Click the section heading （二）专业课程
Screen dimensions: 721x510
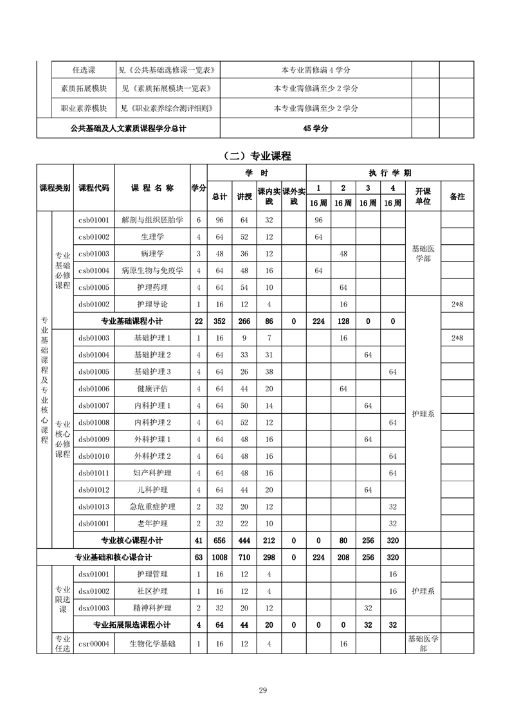point(255,156)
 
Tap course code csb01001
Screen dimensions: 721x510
point(94,220)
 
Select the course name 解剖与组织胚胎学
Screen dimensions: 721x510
point(152,220)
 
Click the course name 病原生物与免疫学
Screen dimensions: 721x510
point(152,270)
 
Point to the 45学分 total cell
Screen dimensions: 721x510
point(316,129)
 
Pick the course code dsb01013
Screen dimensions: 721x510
point(94,506)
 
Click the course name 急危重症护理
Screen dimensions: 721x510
point(152,506)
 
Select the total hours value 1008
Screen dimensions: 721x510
point(220,557)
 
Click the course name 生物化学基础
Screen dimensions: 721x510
point(152,643)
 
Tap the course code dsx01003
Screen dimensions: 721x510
point(94,608)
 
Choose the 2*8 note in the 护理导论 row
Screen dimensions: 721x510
point(457,304)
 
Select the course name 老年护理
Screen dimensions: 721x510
point(152,523)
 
